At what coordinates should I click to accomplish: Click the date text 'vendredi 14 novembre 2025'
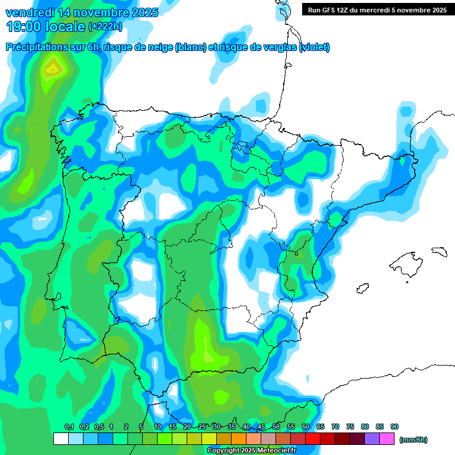pos(82,12)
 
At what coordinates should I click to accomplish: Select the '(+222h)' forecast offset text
pos(105,27)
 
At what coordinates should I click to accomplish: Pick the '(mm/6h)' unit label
pos(413,440)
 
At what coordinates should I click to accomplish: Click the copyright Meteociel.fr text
pos(251,451)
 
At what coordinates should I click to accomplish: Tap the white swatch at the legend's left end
pos(60,438)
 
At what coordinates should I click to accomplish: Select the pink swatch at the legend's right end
pos(387,438)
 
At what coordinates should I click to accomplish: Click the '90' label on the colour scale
pos(395,427)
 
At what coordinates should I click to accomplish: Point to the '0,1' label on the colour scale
pos(69,427)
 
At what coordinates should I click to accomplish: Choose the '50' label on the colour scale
pos(276,427)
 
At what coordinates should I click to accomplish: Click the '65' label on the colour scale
pos(321,427)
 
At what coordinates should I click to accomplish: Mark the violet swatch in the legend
pos(372,438)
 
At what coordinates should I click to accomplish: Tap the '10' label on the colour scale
pos(158,427)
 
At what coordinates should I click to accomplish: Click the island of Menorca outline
pos(438,251)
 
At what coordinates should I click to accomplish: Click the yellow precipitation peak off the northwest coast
pos(53,69)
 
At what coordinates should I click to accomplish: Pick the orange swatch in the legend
pos(238,438)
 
